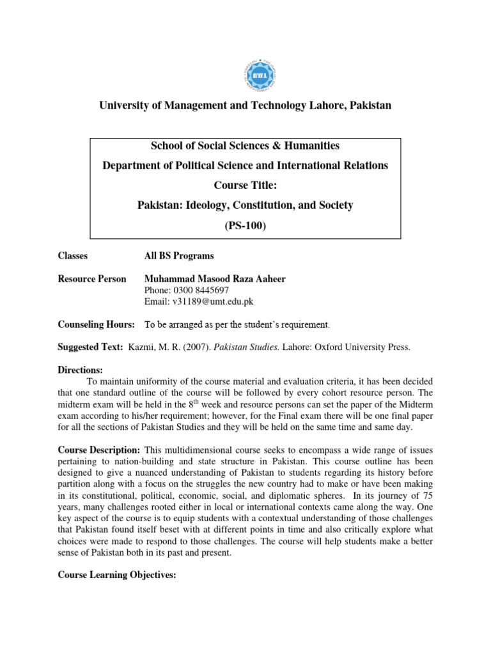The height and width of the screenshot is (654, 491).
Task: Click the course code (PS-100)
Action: pyautogui.click(x=245, y=225)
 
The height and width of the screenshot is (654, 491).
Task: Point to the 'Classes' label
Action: pyautogui.click(x=73, y=255)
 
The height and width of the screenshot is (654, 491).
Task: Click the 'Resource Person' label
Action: pyautogui.click(x=92, y=279)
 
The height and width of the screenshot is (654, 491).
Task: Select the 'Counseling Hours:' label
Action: pyautogui.click(x=97, y=324)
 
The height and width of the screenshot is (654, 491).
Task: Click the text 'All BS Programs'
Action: pyautogui.click(x=180, y=255)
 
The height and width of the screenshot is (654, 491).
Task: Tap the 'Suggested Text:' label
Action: pyautogui.click(x=90, y=347)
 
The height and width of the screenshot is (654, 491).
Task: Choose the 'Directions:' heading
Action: pyautogui.click(x=80, y=370)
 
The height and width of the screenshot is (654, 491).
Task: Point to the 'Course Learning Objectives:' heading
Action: pyautogui.click(x=117, y=575)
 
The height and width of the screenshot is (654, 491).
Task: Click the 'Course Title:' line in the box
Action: pyautogui.click(x=245, y=185)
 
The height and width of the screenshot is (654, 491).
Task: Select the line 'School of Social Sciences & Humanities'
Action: pyautogui.click(x=245, y=146)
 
